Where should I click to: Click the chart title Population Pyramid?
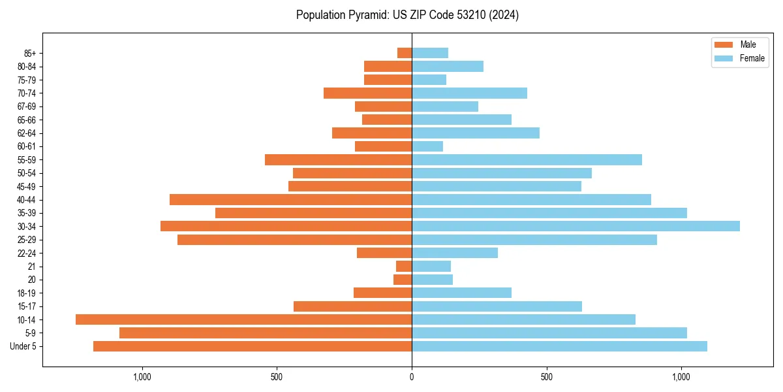pyautogui.click(x=407, y=15)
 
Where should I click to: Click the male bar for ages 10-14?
pyautogui.click(x=243, y=319)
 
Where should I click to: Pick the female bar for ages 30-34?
pyautogui.click(x=576, y=226)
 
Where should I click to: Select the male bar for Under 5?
pyautogui.click(x=253, y=346)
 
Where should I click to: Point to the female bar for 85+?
pyautogui.click(x=430, y=53)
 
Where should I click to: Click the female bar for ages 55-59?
pyautogui.click(x=527, y=159)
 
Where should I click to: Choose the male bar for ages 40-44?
pyautogui.click(x=290, y=199)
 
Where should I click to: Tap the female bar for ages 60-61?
pyautogui.click(x=427, y=146)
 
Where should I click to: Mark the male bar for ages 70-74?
pyautogui.click(x=367, y=93)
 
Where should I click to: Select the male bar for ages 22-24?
pyautogui.click(x=384, y=253)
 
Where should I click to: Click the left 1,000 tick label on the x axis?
pyautogui.click(x=142, y=377)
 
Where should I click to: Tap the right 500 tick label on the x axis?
pyautogui.click(x=547, y=377)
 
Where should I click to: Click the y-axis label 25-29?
pyautogui.click(x=27, y=240)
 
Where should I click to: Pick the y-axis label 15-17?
pyautogui.click(x=27, y=306)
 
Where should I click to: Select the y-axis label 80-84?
pyautogui.click(x=27, y=66)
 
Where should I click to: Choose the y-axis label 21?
pyautogui.click(x=31, y=267)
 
